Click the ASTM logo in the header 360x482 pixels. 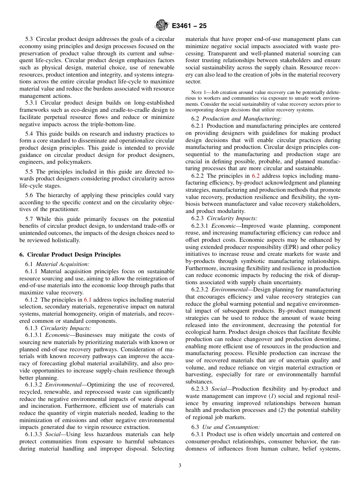point(161,26)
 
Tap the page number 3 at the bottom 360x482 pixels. point(180,466)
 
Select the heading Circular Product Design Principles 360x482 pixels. point(74,255)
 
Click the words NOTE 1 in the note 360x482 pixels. point(200,92)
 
